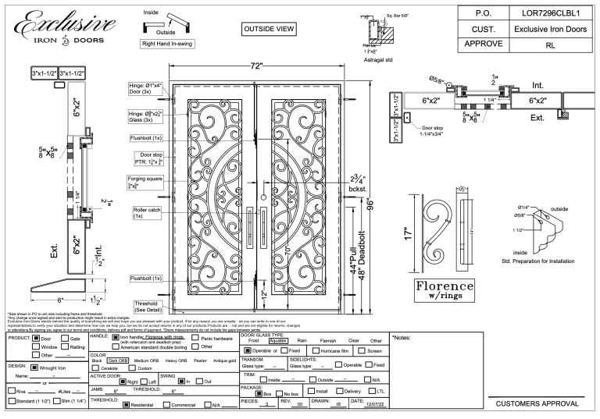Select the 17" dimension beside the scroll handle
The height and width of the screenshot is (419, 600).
pos(407,232)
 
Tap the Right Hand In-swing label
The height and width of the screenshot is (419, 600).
pos(169,44)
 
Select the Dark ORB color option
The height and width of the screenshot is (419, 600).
pos(118,360)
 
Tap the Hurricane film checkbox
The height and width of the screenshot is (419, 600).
pos(316,351)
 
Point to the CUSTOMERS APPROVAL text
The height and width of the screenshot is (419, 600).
pos(537,403)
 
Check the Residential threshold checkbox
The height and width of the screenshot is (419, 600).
pos(126,405)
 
